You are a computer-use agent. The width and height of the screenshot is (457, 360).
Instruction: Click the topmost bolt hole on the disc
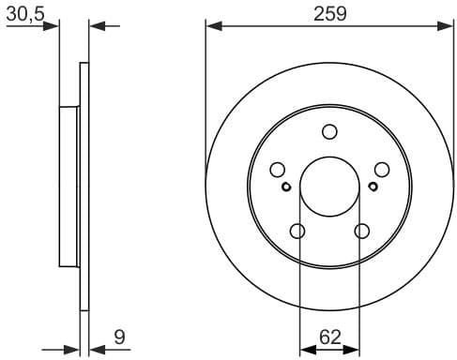[329, 132]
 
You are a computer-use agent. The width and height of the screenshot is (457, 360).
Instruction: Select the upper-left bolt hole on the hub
[277, 170]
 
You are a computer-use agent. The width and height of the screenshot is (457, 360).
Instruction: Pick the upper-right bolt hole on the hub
[382, 170]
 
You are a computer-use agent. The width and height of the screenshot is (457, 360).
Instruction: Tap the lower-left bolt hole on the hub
[297, 232]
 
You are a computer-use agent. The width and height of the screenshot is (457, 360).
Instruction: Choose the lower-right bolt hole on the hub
[361, 232]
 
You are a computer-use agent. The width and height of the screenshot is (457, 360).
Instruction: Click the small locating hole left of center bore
[286, 186]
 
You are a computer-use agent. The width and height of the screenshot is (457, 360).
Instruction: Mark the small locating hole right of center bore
[373, 186]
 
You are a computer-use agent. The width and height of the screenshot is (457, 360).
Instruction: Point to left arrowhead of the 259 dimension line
[212, 25]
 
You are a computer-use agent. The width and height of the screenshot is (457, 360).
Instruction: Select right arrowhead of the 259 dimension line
[447, 25]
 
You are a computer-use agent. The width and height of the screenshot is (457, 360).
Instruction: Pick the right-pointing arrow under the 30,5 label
[53, 25]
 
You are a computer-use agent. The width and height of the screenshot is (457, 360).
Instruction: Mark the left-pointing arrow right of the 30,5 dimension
[98, 25]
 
